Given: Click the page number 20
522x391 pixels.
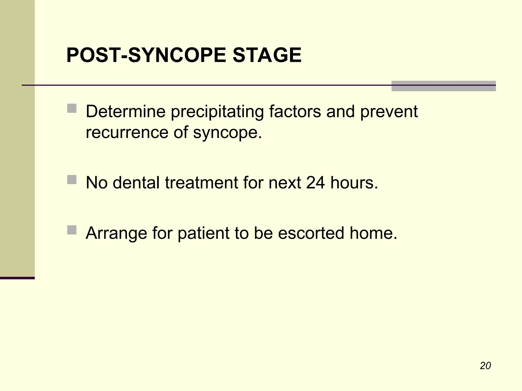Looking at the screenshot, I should pos(485,366).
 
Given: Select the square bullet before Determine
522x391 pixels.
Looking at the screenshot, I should pos(72,108).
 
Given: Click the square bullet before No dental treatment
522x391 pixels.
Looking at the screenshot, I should pos(72,179).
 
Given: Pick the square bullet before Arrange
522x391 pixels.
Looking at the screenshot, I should pos(72,230).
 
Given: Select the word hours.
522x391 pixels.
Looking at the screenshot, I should pos(354,183).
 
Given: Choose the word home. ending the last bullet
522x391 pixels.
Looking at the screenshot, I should pos(373,233).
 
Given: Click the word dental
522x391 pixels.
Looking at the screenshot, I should pos(136,183).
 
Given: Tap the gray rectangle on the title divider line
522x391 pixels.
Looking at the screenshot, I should pos(443,86).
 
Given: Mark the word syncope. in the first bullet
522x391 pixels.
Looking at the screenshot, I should pos(227,133).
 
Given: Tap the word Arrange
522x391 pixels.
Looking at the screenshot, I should pos(116,233).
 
